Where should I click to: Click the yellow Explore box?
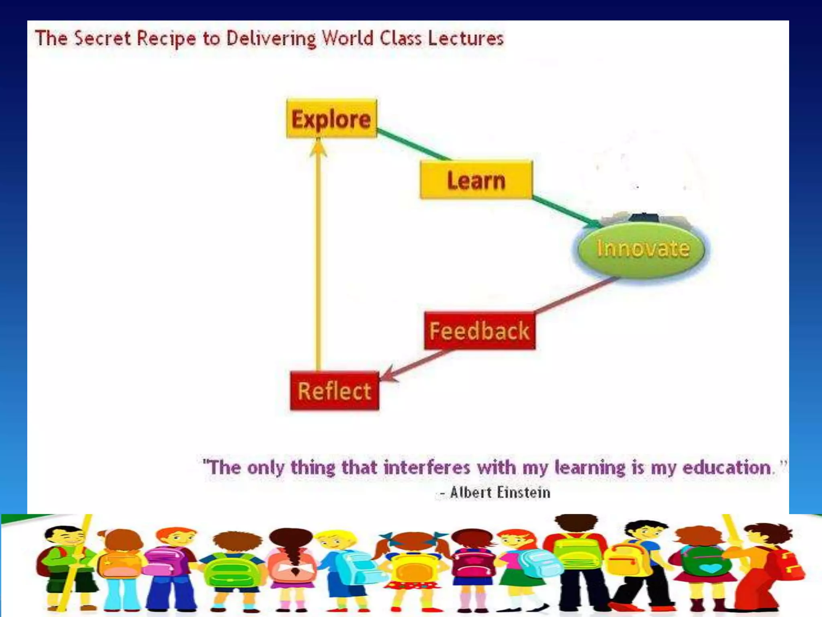pyautogui.click(x=332, y=119)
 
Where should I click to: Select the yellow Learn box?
pyautogui.click(x=476, y=180)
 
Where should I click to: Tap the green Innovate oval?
pyautogui.click(x=641, y=248)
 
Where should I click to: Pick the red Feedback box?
pyautogui.click(x=480, y=331)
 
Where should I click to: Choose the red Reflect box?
pyautogui.click(x=334, y=391)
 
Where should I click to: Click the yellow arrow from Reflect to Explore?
pyautogui.click(x=318, y=257)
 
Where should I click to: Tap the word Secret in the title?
pyautogui.click(x=103, y=39)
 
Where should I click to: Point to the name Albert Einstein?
pyautogui.click(x=500, y=492)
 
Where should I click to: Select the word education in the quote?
pyautogui.click(x=726, y=468)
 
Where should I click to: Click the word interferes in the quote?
pyautogui.click(x=427, y=468)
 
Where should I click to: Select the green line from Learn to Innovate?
pyautogui.click(x=566, y=211)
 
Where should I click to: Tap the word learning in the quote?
pyautogui.click(x=590, y=468)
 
